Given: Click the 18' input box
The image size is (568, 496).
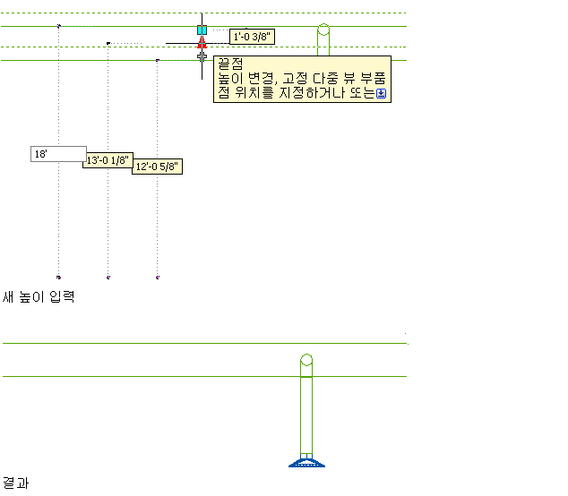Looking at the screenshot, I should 58,154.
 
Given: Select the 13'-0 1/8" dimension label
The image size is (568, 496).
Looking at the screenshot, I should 108,161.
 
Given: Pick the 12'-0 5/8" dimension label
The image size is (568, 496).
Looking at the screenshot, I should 157,167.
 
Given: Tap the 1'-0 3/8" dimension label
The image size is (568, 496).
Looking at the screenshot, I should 252,37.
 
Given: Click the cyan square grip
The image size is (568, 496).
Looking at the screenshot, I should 202,30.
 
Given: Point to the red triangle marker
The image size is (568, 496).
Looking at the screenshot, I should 202,41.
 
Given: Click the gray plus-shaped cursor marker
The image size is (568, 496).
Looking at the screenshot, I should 202,56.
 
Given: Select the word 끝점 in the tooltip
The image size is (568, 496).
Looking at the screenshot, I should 231,64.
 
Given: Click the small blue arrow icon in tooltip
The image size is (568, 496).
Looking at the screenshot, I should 382,92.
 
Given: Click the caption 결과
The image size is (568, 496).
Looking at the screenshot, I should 14,483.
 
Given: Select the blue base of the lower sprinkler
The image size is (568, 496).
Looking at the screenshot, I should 306,462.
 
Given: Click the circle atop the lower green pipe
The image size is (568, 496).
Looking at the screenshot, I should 306,361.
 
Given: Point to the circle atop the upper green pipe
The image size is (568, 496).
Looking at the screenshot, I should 324,30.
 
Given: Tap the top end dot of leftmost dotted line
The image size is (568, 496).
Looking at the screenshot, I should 58,27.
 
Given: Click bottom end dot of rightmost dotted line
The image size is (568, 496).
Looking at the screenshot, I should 158,278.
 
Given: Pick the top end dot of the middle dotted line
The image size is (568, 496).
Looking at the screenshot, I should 108,43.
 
